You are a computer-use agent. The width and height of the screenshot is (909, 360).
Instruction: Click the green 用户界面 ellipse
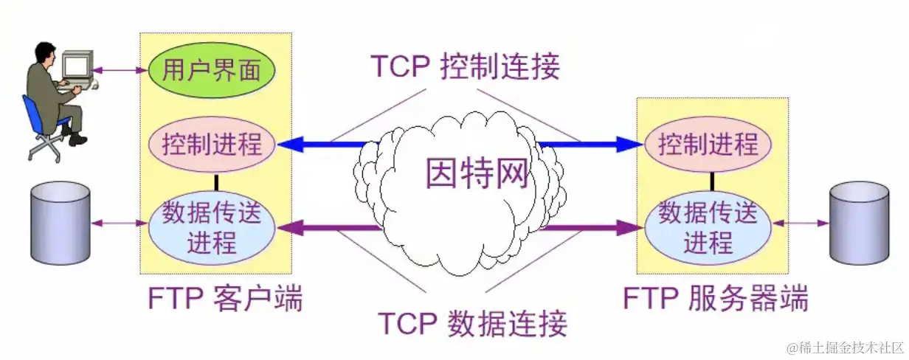(212, 71)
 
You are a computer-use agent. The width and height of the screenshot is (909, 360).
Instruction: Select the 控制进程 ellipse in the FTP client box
(212, 143)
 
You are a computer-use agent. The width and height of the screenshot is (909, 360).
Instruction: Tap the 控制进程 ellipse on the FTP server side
(708, 143)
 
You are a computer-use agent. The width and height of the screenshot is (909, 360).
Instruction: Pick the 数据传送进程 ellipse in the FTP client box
(212, 227)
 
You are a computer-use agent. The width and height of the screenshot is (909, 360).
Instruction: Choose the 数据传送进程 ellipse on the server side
(708, 227)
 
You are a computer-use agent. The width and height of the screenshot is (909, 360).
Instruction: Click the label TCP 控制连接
(465, 66)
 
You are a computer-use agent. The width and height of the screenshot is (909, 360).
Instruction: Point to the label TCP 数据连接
(472, 323)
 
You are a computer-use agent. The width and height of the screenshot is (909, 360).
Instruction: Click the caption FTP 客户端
(226, 300)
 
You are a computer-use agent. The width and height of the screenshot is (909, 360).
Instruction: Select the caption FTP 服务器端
(716, 300)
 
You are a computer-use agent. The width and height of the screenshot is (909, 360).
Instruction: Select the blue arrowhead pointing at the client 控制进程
(289, 144)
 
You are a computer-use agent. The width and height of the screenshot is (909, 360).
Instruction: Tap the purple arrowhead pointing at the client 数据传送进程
(289, 227)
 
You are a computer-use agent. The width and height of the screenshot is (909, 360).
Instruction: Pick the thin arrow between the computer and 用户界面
(122, 71)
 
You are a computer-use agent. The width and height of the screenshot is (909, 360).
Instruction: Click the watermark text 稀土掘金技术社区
(845, 347)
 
